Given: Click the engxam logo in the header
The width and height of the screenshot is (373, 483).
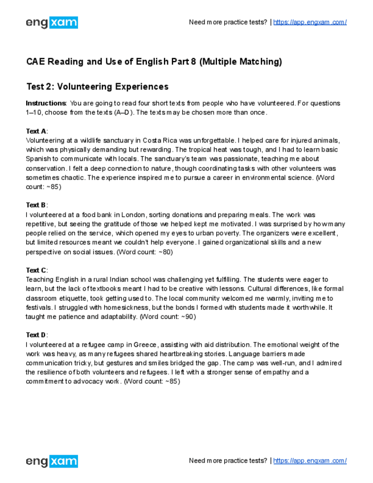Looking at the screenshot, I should click(x=52, y=23).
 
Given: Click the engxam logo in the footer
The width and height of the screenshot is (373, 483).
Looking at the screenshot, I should click(x=52, y=461).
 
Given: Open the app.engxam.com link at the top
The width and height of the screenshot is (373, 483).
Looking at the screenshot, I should click(x=310, y=22).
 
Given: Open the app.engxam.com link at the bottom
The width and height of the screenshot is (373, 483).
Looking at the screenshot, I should click(x=310, y=460).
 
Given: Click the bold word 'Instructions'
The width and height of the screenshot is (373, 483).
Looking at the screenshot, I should click(x=46, y=103).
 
